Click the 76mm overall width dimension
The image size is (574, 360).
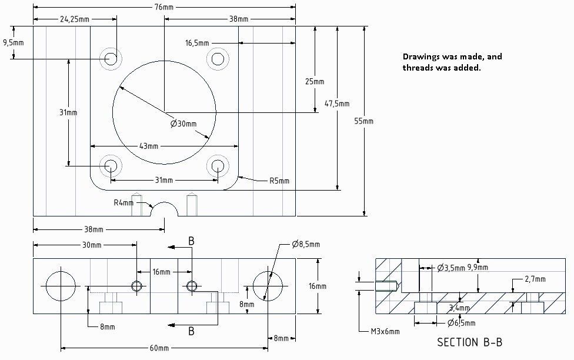164,7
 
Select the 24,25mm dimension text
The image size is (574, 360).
75,19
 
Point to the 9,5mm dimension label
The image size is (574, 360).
13,43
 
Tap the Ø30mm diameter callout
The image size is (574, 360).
183,124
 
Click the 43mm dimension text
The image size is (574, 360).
149,146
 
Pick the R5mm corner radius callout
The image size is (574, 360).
279,181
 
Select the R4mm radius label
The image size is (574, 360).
124,203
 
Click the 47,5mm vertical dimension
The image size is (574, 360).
337,104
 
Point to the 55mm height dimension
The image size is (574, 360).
364,121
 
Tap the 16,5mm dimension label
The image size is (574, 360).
196,43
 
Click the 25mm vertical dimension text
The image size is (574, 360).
315,81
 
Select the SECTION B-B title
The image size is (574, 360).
469,342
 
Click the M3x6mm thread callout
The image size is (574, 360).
384,332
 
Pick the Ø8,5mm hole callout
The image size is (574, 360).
306,245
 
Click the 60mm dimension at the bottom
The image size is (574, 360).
159,348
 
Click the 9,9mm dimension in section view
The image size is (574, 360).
477,268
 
